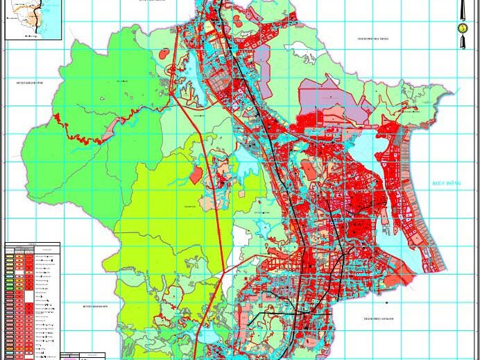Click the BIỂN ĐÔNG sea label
point(447,183)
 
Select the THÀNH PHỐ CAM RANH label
point(378,319)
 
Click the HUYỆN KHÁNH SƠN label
point(97,305)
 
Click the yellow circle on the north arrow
point(463,28)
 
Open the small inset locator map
point(33,19)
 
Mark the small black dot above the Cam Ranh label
point(387,302)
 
